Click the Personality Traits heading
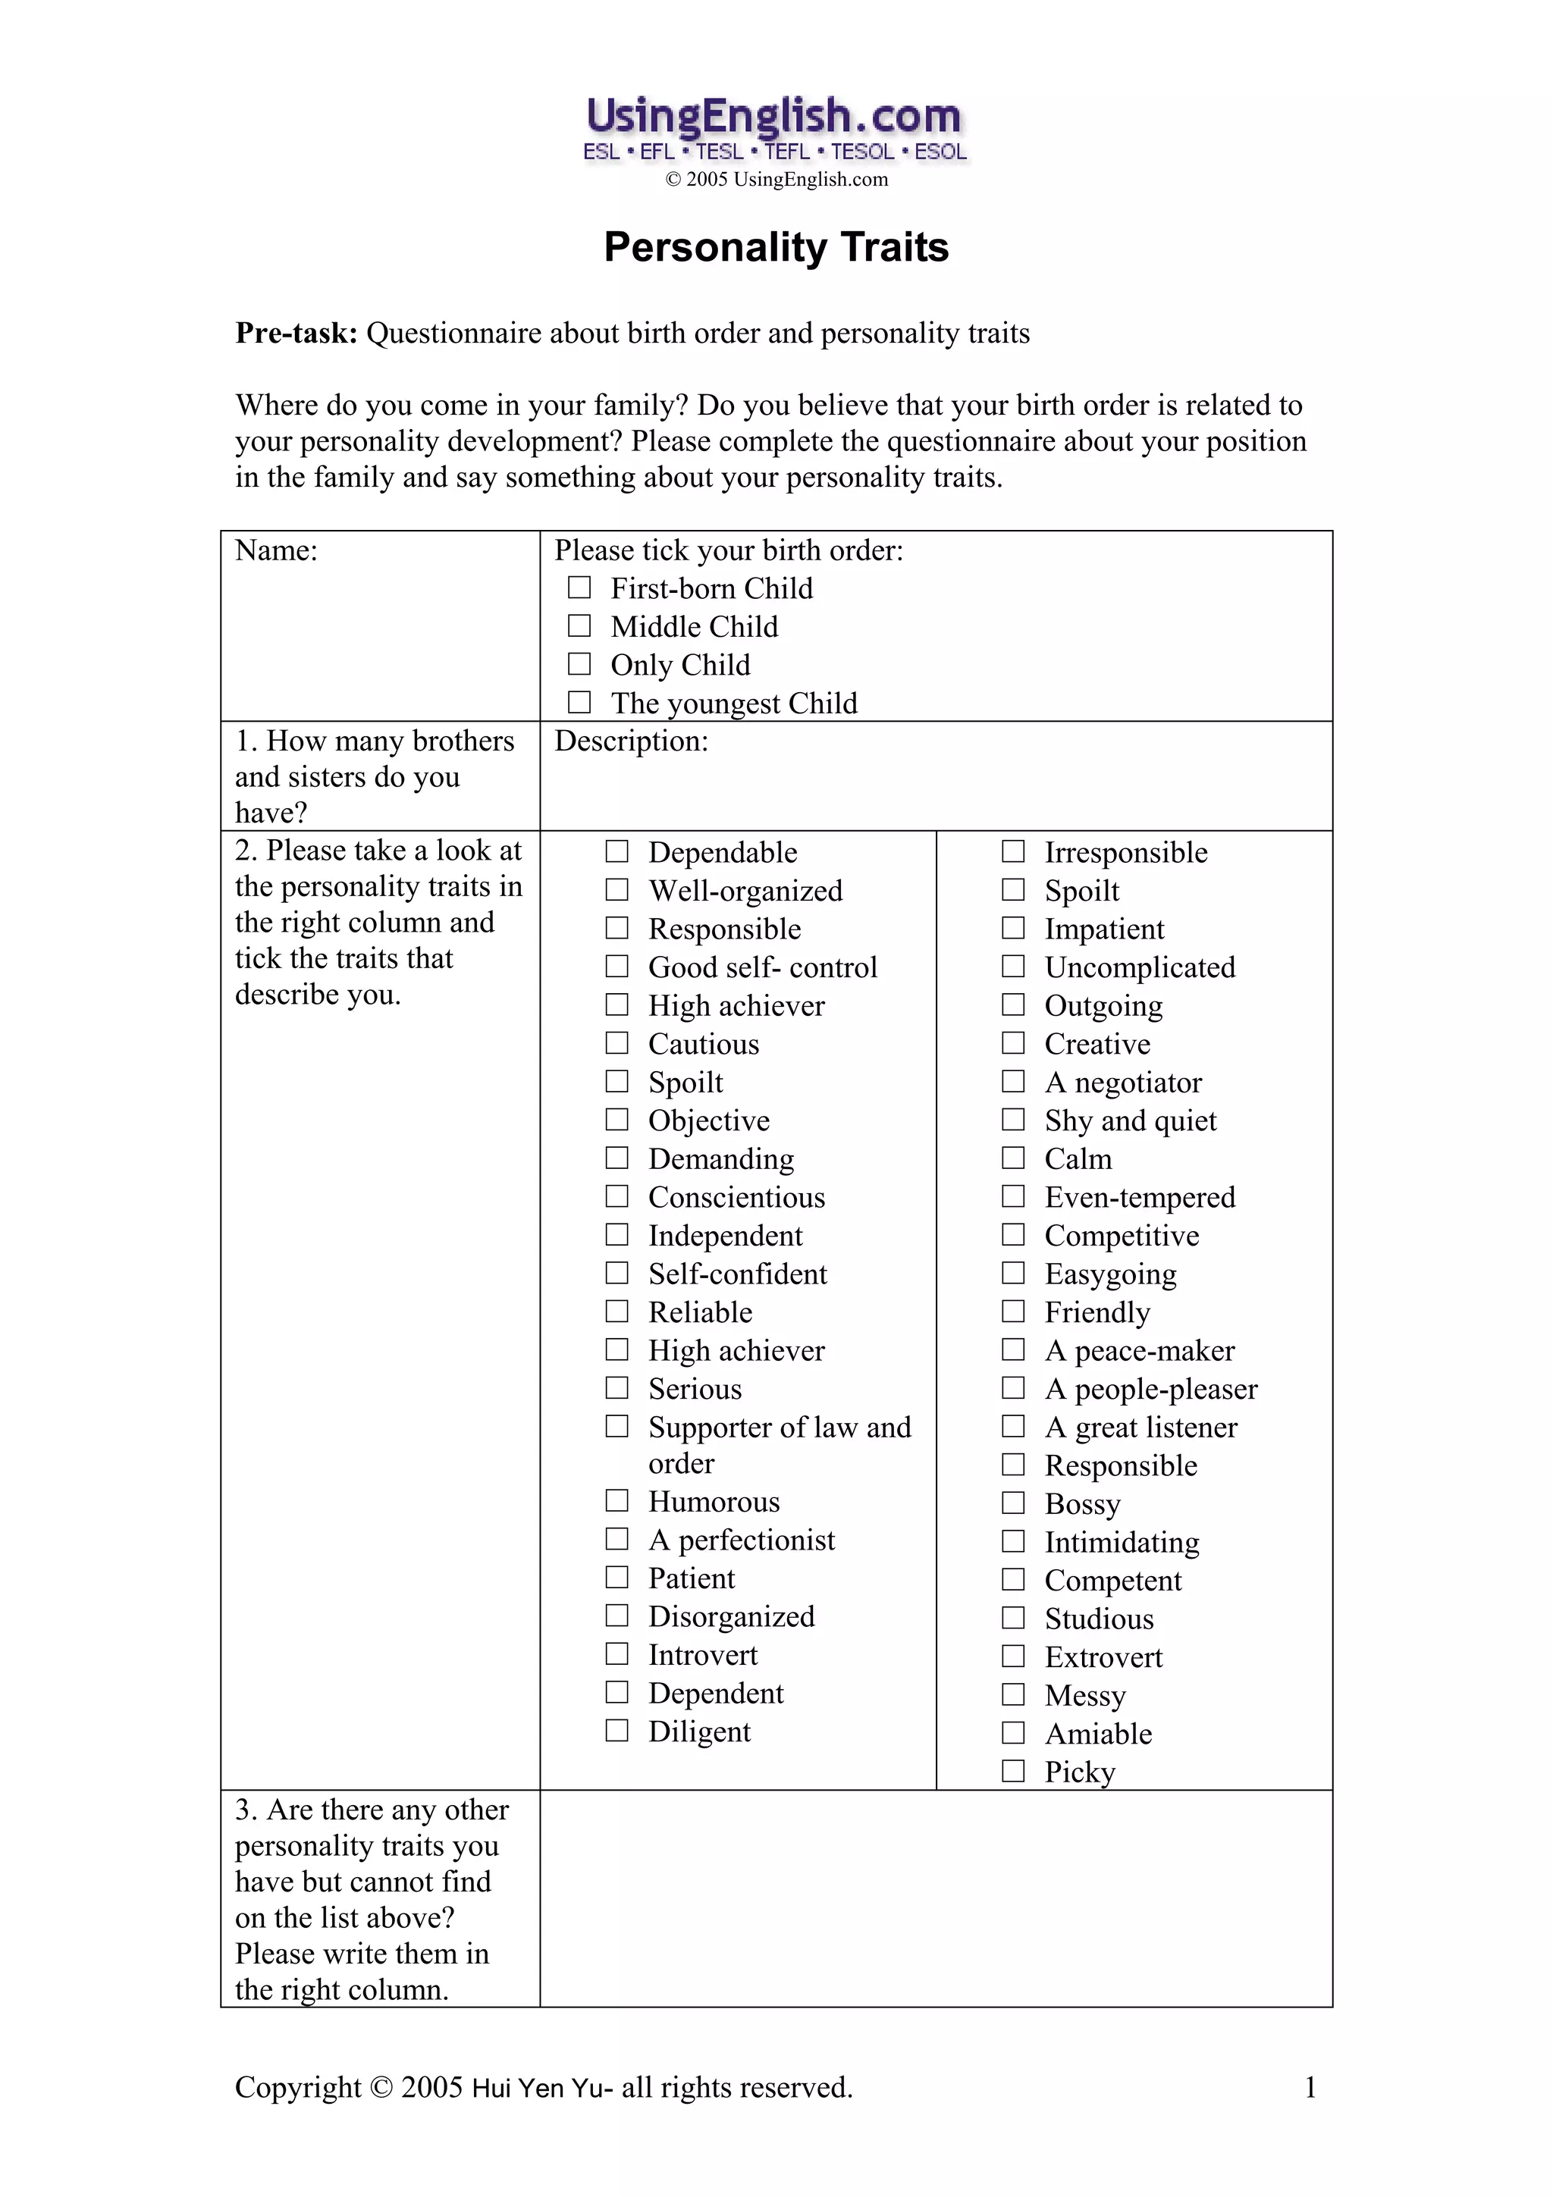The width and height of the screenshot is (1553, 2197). click(x=775, y=247)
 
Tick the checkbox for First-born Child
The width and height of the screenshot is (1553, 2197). click(x=579, y=587)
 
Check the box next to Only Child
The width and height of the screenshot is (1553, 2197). click(x=579, y=663)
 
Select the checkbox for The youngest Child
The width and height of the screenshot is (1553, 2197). click(x=579, y=701)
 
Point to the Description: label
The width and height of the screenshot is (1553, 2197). click(x=631, y=741)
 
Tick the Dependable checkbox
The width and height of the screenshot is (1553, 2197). click(x=617, y=851)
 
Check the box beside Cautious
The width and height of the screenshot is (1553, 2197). click(x=617, y=1042)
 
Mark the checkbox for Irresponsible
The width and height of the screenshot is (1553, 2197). click(x=1013, y=851)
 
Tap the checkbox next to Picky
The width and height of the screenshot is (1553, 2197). click(x=1013, y=1770)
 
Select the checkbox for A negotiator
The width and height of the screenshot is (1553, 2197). click(x=1013, y=1081)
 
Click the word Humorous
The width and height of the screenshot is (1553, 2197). click(x=714, y=1501)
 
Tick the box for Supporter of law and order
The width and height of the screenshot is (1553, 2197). click(x=617, y=1426)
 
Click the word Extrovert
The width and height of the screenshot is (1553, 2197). click(x=1103, y=1656)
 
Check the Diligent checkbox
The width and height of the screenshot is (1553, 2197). click(x=617, y=1730)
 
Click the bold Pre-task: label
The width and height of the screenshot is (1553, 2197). click(x=296, y=333)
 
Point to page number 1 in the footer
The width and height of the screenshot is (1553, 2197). click(x=1310, y=2087)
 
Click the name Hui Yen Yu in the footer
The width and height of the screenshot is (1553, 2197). click(x=541, y=2088)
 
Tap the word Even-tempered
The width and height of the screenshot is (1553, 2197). click(x=1140, y=1197)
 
